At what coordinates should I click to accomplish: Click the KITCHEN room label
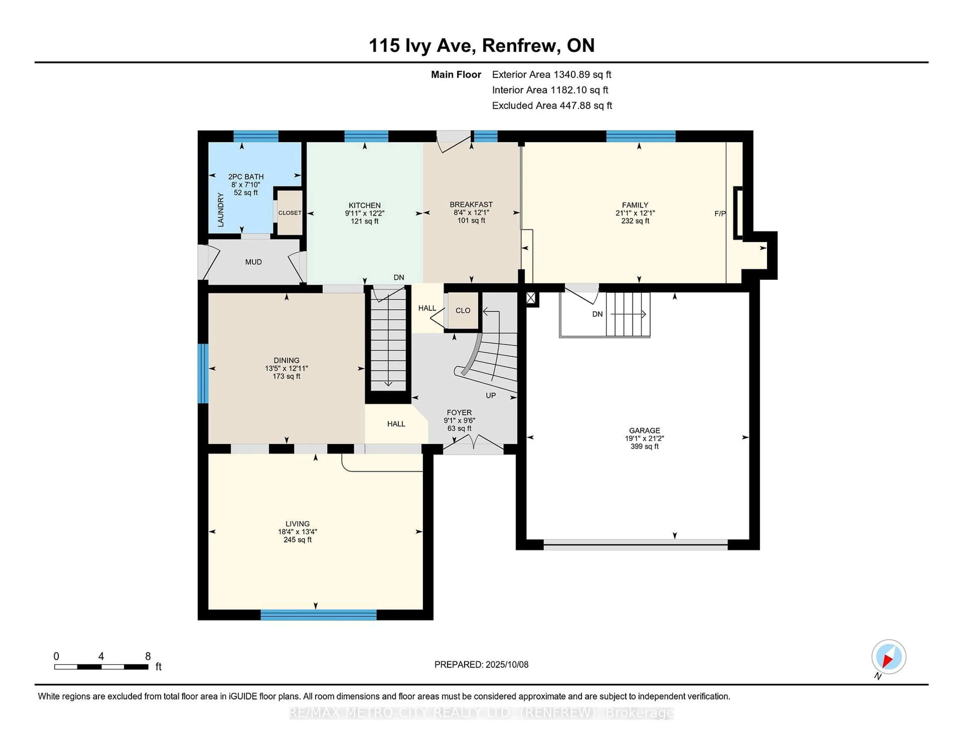364,205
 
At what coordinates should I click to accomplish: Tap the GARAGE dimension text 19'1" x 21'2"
644,438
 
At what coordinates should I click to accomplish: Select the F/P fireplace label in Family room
719,214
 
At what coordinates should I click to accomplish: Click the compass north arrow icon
889,656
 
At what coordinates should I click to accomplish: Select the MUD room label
254,262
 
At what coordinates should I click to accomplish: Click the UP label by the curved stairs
491,395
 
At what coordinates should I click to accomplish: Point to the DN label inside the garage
597,314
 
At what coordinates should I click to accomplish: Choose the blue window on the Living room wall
318,615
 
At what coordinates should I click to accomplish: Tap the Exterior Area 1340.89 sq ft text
552,75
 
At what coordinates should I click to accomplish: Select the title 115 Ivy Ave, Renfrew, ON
481,45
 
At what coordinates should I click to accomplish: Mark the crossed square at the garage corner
531,299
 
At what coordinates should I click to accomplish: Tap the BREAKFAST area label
471,204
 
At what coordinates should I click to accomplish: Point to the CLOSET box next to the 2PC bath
290,213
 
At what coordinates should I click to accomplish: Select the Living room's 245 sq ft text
298,540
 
